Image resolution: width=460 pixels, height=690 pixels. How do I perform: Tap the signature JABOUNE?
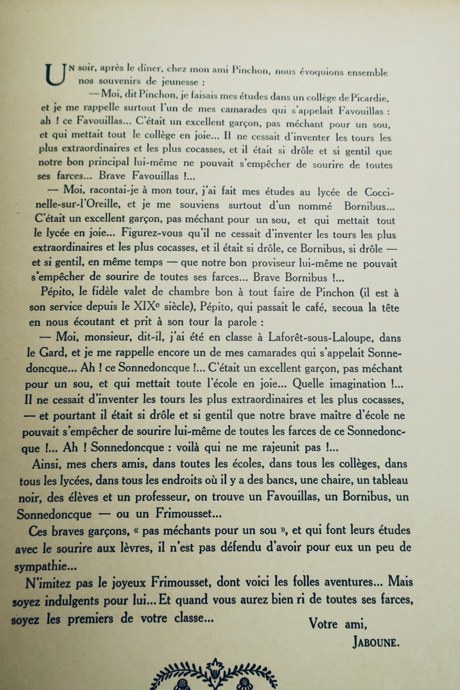pyautogui.click(x=376, y=643)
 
